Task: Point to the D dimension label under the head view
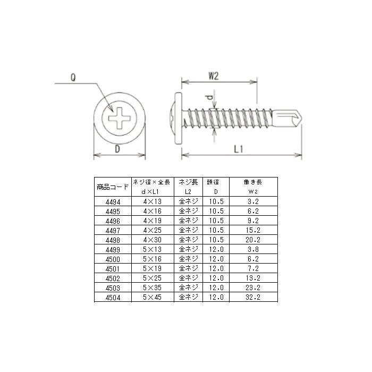point(117,150)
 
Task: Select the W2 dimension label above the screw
point(213,75)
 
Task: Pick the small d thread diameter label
point(210,98)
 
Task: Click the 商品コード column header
point(113,187)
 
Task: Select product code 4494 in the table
point(113,201)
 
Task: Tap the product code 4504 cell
point(113,298)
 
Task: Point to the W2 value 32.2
point(253,298)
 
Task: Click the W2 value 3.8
point(253,249)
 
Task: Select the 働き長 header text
point(253,182)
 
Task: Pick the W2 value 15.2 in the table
point(253,230)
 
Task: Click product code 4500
point(113,259)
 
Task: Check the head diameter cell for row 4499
point(215,249)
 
